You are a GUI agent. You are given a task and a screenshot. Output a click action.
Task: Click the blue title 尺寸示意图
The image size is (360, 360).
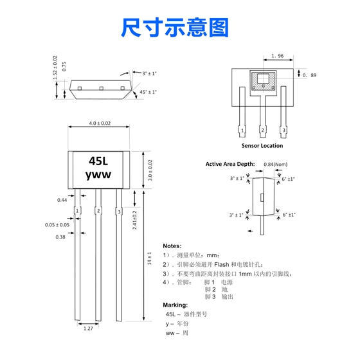(x=175, y=28)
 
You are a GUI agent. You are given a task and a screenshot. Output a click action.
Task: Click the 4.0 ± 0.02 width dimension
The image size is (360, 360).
(x=100, y=123)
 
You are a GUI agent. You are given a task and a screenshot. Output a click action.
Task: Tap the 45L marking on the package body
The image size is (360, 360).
(x=98, y=161)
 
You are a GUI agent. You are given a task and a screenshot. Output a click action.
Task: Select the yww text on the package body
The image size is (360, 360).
(x=98, y=175)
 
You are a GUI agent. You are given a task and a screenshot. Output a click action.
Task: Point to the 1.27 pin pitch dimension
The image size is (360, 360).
(x=88, y=328)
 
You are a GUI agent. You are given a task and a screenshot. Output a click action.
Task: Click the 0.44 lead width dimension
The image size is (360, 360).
(x=62, y=200)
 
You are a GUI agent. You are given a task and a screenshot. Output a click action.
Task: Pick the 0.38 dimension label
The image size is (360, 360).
(x=60, y=237)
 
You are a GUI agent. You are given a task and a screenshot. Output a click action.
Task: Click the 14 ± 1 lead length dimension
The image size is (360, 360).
(x=149, y=258)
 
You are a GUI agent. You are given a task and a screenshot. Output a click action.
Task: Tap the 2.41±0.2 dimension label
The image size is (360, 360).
(x=134, y=220)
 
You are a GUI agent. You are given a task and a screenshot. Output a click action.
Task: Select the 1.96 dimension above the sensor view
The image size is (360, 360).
(x=278, y=56)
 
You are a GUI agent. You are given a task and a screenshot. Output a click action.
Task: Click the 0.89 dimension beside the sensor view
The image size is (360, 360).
(x=309, y=75)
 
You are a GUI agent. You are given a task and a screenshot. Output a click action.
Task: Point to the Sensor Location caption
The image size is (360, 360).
(x=262, y=145)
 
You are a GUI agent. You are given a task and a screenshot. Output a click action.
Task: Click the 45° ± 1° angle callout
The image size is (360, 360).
(x=148, y=92)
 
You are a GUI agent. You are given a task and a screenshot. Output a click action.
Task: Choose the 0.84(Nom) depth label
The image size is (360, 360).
(x=276, y=165)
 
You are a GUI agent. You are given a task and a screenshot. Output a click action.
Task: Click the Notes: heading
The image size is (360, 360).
(x=172, y=246)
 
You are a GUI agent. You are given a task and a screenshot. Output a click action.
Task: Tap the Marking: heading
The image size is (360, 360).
(x=175, y=305)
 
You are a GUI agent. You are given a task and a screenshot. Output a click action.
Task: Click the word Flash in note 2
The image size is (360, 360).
(x=222, y=265)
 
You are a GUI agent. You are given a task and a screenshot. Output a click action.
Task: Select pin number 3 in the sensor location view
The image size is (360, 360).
(x=283, y=130)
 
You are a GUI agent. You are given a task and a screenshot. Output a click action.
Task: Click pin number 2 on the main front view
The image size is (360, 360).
(x=98, y=211)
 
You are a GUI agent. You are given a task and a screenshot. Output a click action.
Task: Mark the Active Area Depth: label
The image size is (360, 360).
(x=230, y=164)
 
